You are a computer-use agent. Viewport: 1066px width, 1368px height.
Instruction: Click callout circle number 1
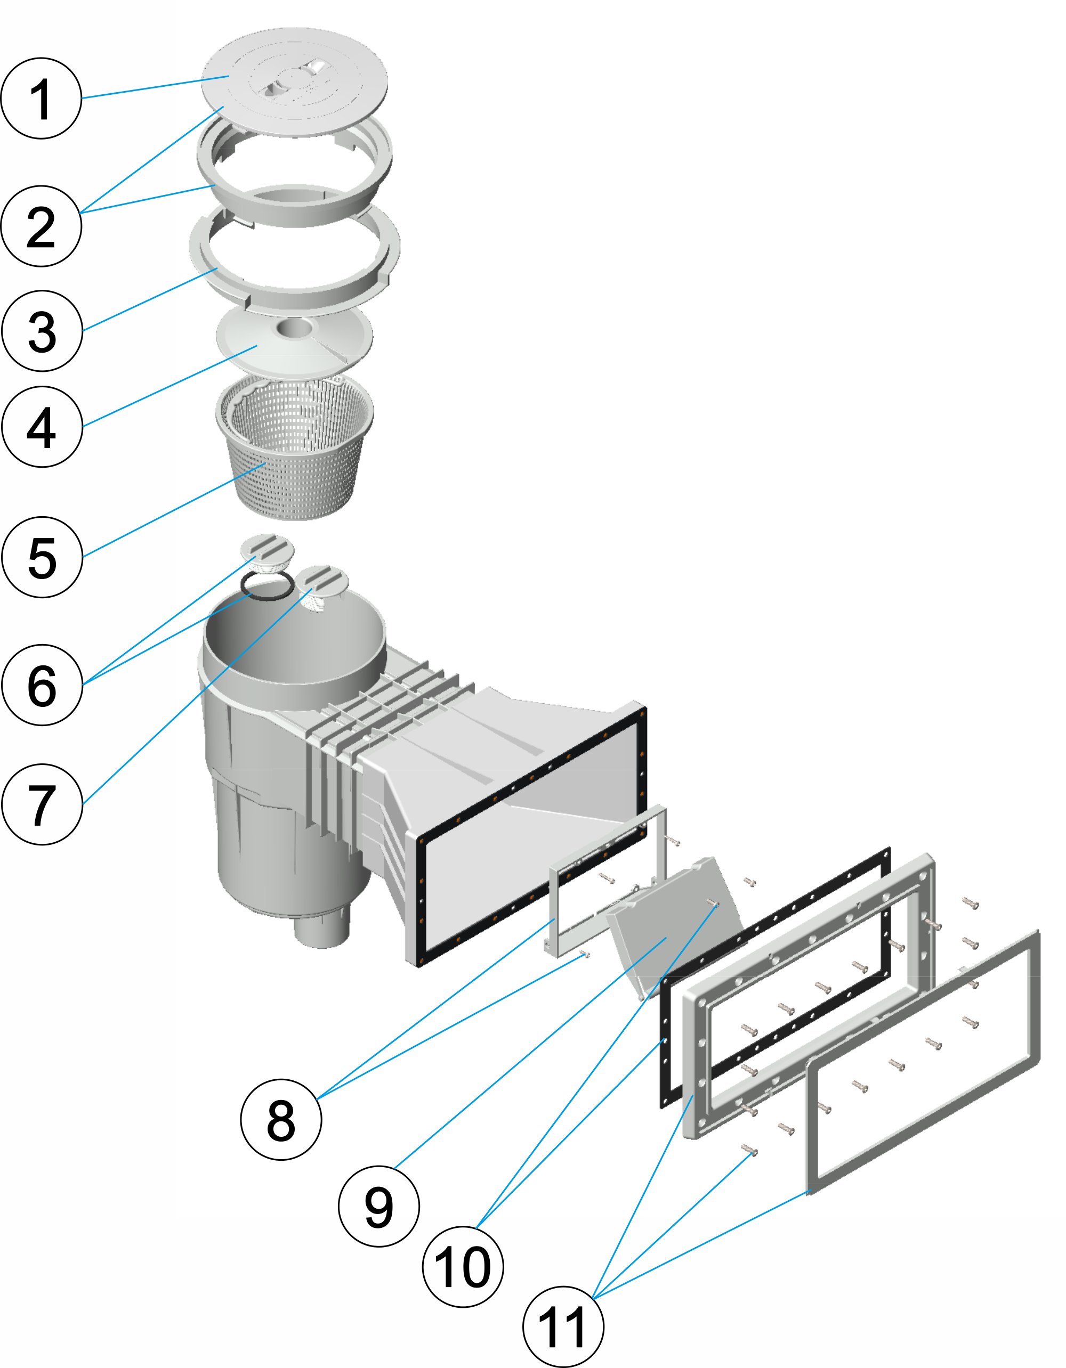(42, 99)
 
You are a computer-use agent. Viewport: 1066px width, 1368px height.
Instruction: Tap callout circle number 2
(42, 226)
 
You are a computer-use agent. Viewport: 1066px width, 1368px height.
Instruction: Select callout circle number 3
(42, 331)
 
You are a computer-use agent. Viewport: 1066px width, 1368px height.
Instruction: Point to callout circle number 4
(42, 427)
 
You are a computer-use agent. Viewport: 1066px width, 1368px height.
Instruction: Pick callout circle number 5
(42, 557)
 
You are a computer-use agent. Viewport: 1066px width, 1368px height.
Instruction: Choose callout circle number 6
(42, 685)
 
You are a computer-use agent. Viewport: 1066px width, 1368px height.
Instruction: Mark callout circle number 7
(42, 804)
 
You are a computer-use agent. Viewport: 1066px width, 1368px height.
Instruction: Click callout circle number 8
(281, 1119)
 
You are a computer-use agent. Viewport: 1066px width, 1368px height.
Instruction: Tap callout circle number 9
(378, 1207)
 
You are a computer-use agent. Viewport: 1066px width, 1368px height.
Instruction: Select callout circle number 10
(463, 1267)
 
